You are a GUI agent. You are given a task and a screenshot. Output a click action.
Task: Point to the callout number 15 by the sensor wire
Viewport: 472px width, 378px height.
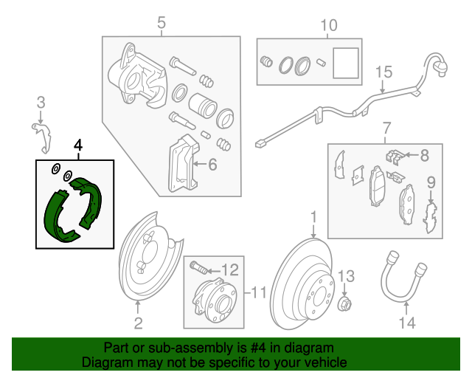383,72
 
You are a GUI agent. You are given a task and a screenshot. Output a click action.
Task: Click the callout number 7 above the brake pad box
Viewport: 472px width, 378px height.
384,131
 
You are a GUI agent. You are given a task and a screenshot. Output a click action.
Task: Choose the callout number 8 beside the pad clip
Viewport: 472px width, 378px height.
424,155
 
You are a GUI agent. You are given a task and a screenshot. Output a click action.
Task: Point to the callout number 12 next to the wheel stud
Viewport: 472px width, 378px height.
230,269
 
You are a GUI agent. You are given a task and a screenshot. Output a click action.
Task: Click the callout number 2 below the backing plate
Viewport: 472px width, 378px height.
138,323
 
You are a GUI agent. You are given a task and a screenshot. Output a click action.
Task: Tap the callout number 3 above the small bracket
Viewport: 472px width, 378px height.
41,102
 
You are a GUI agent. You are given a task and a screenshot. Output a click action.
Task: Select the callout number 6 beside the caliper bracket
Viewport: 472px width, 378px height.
212,165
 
